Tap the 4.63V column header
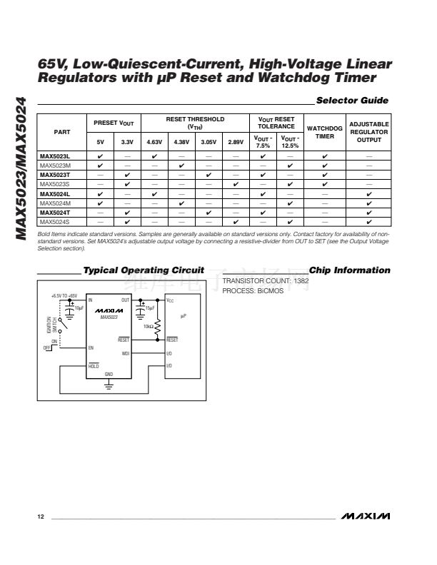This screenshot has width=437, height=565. tap(154, 143)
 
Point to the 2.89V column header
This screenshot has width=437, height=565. tap(236, 143)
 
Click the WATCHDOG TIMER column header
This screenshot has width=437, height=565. tap(325, 132)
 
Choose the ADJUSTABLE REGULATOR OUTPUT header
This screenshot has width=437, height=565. tap(368, 132)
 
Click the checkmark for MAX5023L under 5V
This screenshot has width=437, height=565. tap(100, 156)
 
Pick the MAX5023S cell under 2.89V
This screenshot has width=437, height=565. tap(236, 184)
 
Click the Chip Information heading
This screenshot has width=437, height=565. tap(350, 270)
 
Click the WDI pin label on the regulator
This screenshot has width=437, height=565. tap(126, 353)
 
